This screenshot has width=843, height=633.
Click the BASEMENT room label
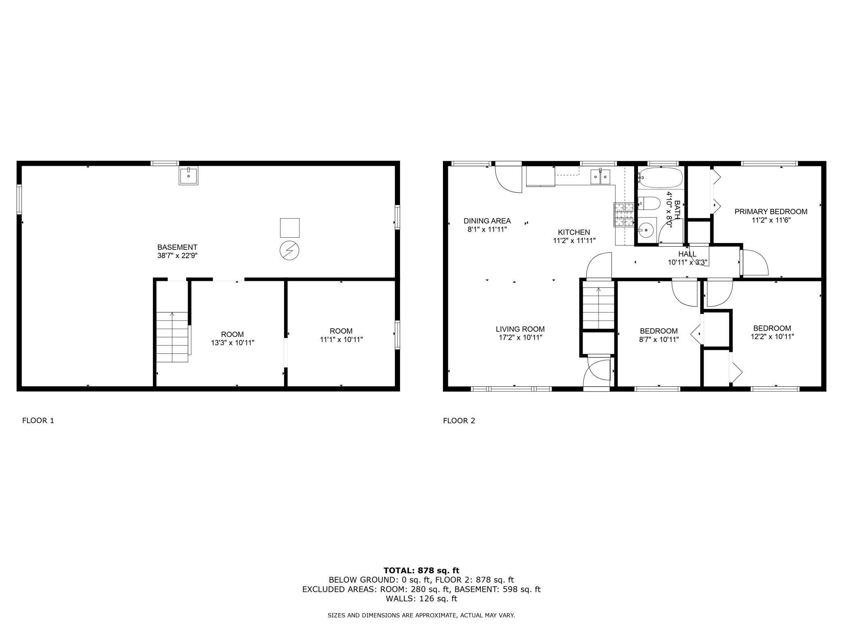coord(177,247)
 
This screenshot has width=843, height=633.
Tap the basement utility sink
coord(188,176)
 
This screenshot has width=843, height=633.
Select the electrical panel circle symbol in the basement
coord(289,251)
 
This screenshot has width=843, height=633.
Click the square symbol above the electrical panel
coord(290,228)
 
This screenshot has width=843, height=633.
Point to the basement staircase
coord(173,337)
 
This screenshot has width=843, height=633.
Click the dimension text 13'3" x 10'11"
coord(233,343)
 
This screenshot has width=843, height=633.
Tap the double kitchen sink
coord(600,177)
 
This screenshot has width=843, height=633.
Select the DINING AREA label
coord(487,221)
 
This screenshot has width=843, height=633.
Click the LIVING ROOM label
coord(520,329)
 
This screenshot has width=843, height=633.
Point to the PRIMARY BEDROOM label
coord(771,211)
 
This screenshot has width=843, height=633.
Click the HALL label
coord(687,254)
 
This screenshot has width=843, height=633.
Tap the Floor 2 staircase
coord(598,307)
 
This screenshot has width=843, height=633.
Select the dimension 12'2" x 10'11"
coord(772,336)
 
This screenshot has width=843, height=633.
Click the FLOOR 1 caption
coord(38,420)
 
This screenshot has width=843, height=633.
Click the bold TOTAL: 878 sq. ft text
coord(421,571)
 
